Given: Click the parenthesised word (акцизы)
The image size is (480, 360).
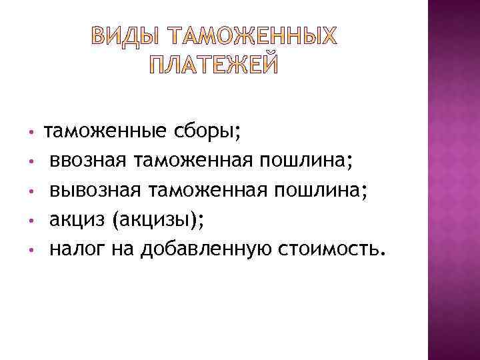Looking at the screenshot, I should pos(155,219).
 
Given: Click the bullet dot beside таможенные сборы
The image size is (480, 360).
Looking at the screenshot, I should pos(31,132).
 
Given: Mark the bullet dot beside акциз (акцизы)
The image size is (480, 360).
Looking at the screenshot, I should pos(31,219).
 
